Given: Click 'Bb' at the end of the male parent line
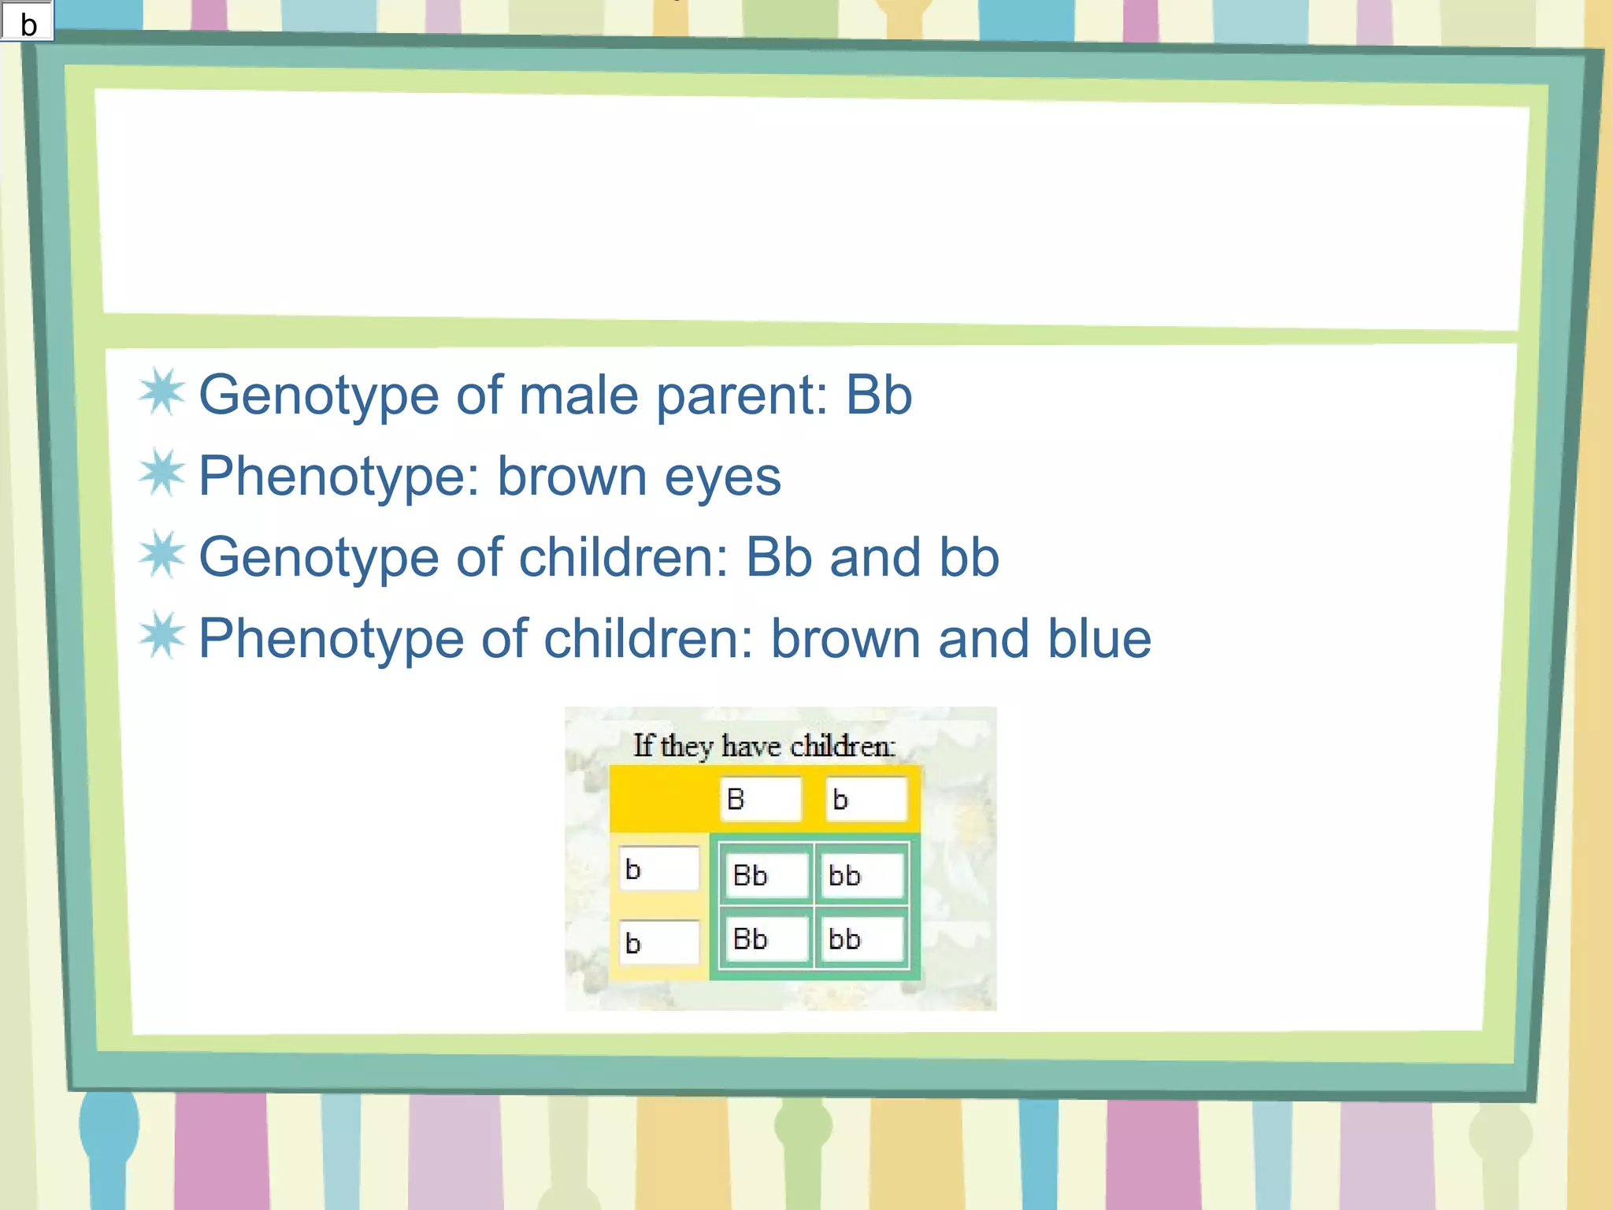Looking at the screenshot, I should point(878,395).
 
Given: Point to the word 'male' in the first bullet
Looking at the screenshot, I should point(579,395).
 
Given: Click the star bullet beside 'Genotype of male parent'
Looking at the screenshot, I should point(162,392).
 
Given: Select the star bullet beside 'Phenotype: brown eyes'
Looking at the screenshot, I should point(162,473).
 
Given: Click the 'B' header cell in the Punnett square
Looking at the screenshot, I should point(760,800).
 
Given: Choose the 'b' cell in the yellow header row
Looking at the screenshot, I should point(865,800).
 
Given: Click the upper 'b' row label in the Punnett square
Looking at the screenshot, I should point(658,870).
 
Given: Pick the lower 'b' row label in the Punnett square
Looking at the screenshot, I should point(658,943).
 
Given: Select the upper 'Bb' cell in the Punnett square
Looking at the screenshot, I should point(765,875).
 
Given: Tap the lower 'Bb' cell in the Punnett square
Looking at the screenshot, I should point(765,939).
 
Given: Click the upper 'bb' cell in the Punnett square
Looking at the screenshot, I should point(862,875).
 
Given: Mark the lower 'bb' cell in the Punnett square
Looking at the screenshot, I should point(862,939).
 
